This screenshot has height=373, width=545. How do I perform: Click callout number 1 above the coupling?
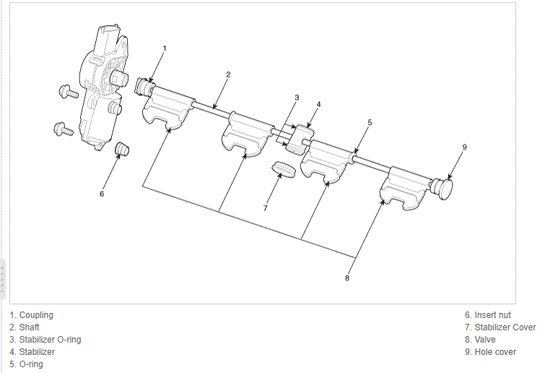164,48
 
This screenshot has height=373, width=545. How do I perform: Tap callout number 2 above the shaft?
227,74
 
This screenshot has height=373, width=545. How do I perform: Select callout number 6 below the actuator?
102,194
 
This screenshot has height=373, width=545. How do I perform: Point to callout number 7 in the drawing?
266,208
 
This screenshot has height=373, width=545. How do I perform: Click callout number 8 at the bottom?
347,278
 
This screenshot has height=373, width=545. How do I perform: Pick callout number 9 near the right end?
465,147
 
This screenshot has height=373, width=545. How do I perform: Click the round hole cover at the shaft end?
446,189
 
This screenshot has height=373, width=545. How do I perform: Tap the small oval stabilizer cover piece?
284,171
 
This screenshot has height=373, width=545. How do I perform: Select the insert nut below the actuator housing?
122,149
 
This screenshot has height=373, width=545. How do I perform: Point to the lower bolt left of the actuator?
64,130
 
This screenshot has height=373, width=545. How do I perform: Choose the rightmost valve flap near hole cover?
404,189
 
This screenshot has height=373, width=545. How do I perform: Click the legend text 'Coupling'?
36,315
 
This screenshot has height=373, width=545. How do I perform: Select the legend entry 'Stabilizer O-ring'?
50,340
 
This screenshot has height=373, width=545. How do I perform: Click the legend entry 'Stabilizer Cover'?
505,327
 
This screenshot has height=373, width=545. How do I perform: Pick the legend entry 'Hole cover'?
495,352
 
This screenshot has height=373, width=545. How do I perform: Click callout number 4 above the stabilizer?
318,104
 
